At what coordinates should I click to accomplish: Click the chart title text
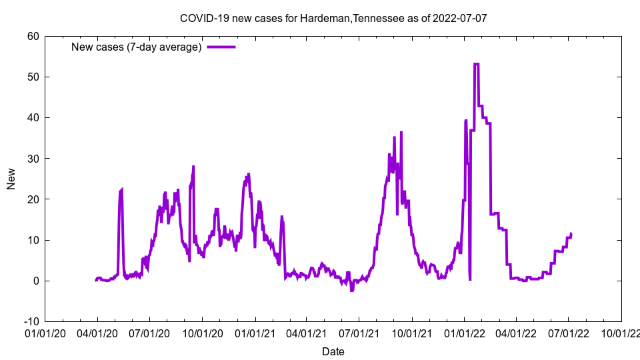[x=333, y=18]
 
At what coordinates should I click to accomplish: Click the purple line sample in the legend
[x=221, y=47]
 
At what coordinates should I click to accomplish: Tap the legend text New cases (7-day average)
[x=137, y=47]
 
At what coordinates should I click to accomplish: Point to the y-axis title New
[x=11, y=179]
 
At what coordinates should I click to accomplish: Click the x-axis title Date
[x=333, y=351]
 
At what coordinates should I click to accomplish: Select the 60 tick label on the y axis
[x=33, y=36]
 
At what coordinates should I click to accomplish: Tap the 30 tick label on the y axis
[x=33, y=159]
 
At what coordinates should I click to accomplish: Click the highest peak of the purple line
[x=477, y=64]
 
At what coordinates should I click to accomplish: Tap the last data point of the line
[x=571, y=233]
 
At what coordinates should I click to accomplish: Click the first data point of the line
[x=96, y=280]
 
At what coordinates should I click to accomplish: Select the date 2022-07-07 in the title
[x=459, y=18]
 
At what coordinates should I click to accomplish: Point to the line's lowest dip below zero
[x=352, y=291]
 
